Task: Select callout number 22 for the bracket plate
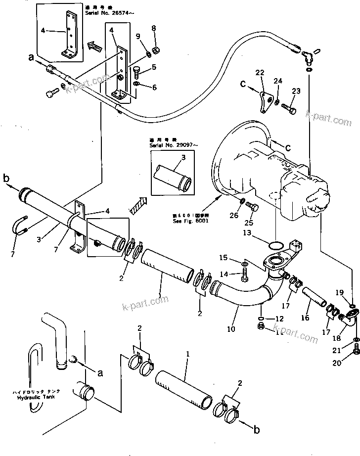point(260,73)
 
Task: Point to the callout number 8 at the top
point(153,28)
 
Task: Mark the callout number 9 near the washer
point(138,36)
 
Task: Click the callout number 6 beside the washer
point(154,88)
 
